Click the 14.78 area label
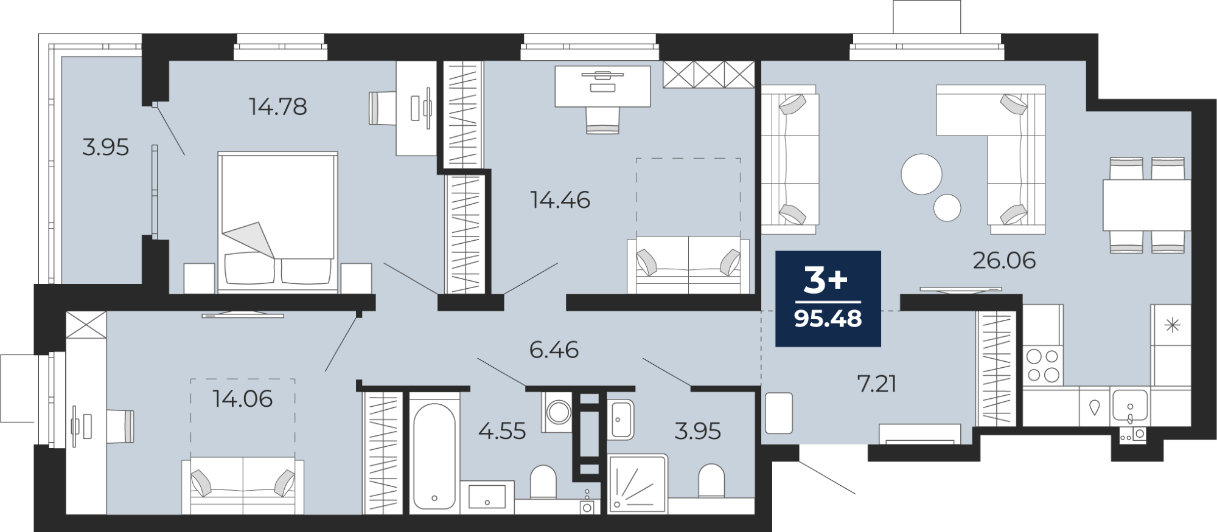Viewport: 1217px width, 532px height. tap(278, 107)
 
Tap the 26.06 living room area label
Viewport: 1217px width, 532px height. tap(1004, 260)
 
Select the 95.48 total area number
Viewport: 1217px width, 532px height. tap(828, 319)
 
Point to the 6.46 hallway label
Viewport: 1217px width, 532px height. tap(554, 350)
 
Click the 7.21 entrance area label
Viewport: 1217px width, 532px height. tap(877, 384)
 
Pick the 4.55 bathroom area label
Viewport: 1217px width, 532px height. tap(502, 431)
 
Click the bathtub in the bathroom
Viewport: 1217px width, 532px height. tap(434, 456)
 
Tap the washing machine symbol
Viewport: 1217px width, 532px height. tap(558, 412)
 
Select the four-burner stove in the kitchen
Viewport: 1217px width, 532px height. tap(1043, 365)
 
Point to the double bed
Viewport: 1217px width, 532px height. tap(277, 221)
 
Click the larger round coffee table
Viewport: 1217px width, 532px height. tap(921, 174)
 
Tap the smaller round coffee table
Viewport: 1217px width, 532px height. tap(947, 207)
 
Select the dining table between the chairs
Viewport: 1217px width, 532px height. tap(1147, 205)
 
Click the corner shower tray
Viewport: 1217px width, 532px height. tap(638, 484)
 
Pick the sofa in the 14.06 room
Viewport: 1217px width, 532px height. tap(243, 486)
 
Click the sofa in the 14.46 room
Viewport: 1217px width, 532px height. tap(688, 265)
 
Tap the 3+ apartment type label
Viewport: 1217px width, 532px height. tap(826, 280)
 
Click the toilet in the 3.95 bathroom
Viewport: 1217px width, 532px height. tap(711, 482)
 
